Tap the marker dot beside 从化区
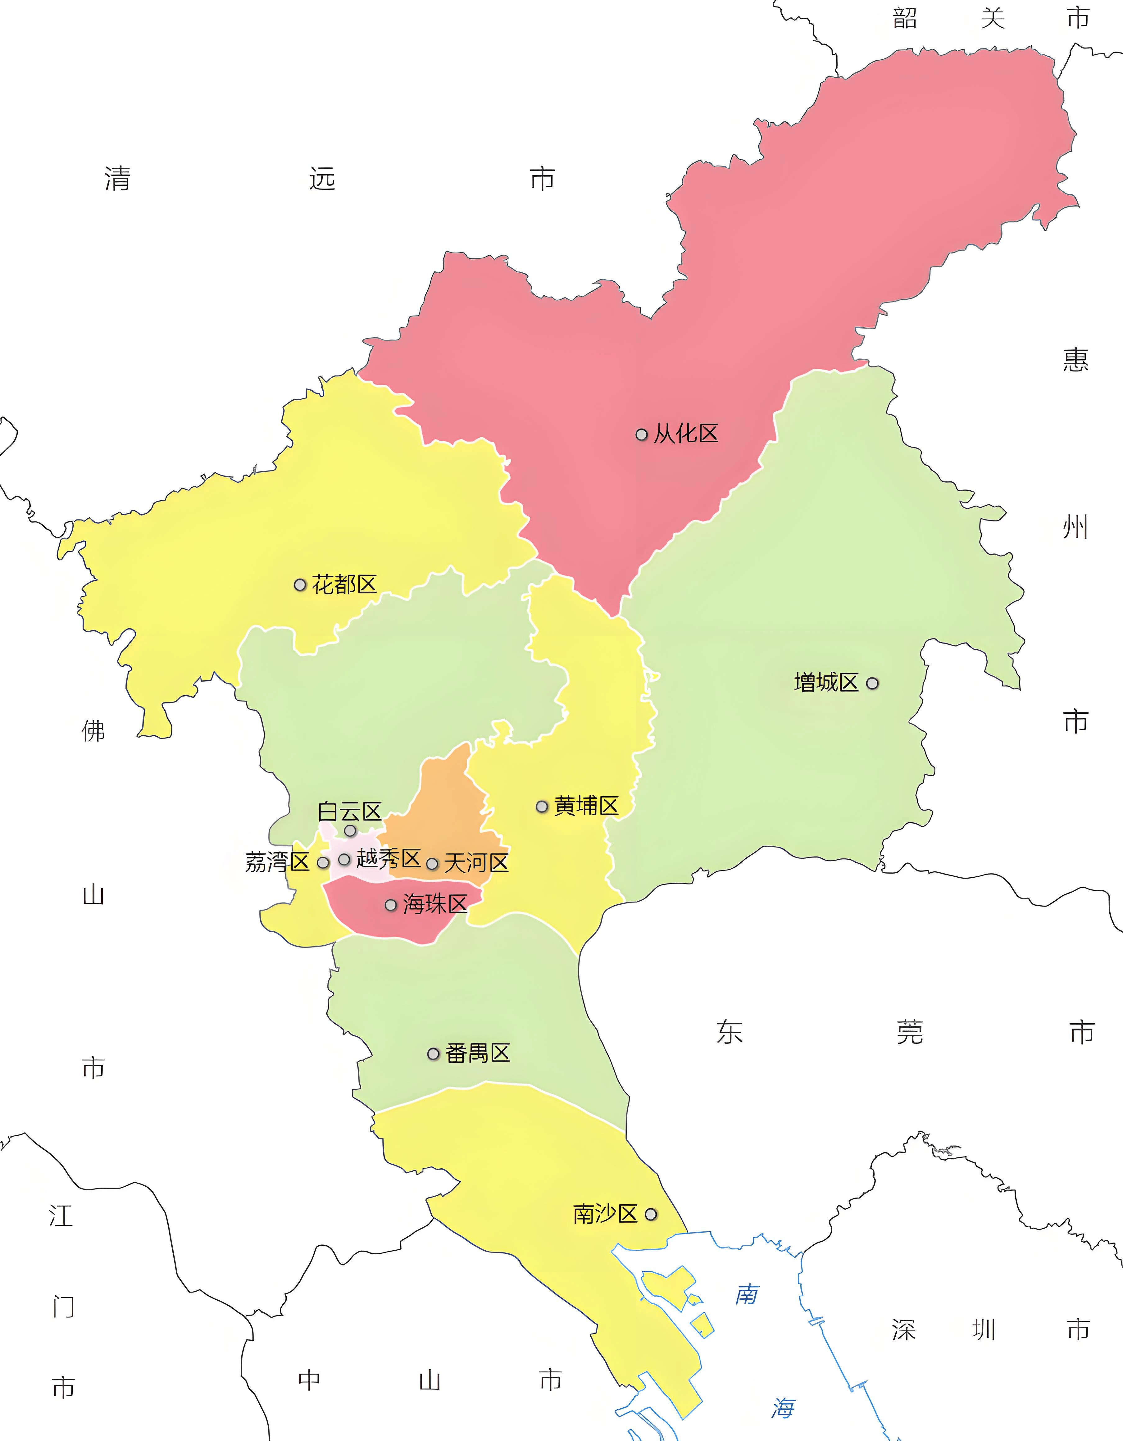641,435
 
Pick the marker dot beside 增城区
872,684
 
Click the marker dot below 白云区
350,831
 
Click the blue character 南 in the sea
747,1294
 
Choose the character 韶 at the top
905,18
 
